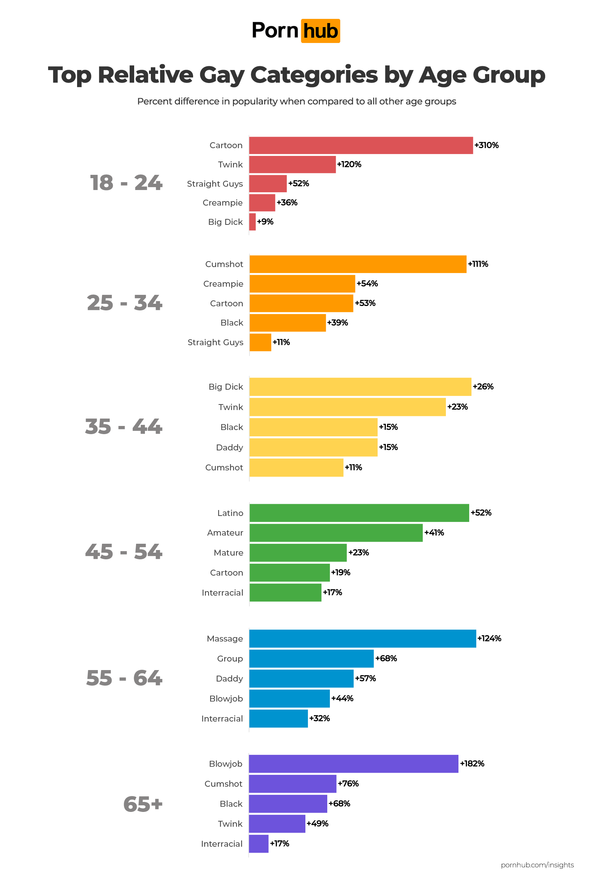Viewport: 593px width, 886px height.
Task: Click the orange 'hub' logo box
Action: pyautogui.click(x=320, y=31)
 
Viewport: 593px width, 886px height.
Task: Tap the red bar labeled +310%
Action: pyautogui.click(x=361, y=146)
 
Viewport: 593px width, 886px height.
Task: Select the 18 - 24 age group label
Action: pyautogui.click(x=126, y=183)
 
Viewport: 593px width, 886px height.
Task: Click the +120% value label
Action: pyautogui.click(x=349, y=164)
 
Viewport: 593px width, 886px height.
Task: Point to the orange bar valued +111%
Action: pyautogui.click(x=358, y=264)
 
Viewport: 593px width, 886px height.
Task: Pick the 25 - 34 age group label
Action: pyautogui.click(x=125, y=303)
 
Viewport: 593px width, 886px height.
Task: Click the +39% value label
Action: pyautogui.click(x=337, y=323)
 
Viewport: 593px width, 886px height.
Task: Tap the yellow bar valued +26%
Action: pyautogui.click(x=360, y=387)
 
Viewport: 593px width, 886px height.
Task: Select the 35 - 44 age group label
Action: pyautogui.click(x=124, y=427)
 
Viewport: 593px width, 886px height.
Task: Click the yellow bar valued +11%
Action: pyautogui.click(x=296, y=467)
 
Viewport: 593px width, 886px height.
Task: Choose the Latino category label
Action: pyautogui.click(x=230, y=513)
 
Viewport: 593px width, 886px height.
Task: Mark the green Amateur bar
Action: pyautogui.click(x=336, y=533)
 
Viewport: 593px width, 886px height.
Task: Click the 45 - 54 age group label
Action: pyautogui.click(x=124, y=552)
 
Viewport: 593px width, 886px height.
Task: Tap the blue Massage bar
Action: pyautogui.click(x=362, y=639)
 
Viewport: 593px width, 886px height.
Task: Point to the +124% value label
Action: pyautogui.click(x=489, y=639)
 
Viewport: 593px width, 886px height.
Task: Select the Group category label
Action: pyautogui.click(x=229, y=659)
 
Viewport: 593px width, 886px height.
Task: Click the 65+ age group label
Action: pyautogui.click(x=143, y=804)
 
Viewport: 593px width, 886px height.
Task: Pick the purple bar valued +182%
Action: pyautogui.click(x=353, y=764)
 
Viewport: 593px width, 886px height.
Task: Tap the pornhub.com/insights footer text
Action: pyautogui.click(x=537, y=865)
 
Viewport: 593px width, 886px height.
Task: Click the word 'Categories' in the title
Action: pyautogui.click(x=314, y=75)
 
